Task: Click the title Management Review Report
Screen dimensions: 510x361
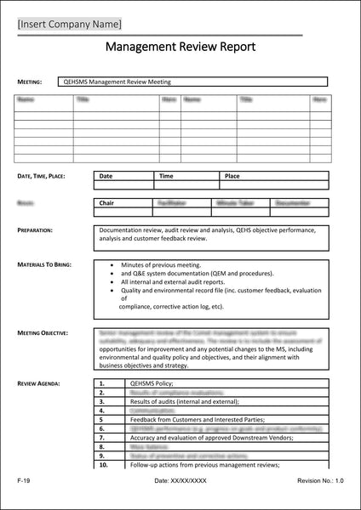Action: (x=180, y=49)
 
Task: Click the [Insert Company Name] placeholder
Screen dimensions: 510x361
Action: (x=69, y=23)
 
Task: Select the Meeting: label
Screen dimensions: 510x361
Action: (x=30, y=82)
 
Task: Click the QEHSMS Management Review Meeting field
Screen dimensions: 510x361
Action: (x=118, y=82)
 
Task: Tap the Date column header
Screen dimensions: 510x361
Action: (x=106, y=176)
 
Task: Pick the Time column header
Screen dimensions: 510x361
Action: (x=166, y=176)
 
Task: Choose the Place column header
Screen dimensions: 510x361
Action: (x=232, y=176)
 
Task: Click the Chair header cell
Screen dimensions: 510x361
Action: (x=106, y=204)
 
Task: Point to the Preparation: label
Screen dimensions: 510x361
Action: (x=35, y=230)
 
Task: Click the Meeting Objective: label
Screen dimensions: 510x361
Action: (x=43, y=333)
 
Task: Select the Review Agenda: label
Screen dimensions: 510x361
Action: (x=38, y=383)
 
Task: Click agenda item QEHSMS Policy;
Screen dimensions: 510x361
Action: (x=152, y=384)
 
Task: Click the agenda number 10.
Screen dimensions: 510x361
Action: (x=103, y=465)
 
